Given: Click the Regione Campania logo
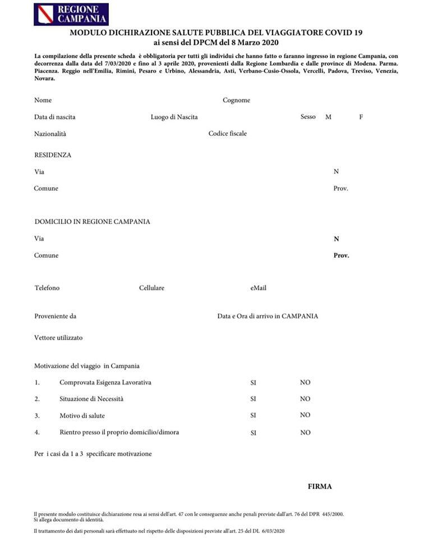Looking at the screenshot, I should pos(71,14).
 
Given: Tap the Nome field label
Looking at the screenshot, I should pos(43,100).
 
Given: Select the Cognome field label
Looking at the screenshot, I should pos(236,100).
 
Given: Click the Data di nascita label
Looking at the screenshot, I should pos(54,117).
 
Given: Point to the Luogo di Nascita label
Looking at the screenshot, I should pos(174,117).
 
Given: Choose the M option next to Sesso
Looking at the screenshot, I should pos(328,117).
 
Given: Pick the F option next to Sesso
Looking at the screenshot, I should pos(361,117).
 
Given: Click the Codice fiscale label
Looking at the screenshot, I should pos(227,133).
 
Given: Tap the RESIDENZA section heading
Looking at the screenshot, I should pos(53,155).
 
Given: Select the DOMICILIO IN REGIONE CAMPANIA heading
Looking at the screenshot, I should pos(92,221).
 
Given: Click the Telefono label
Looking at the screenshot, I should pos(47,288).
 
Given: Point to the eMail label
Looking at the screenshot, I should pos(258,288).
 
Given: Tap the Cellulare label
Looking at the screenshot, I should pos(151,288).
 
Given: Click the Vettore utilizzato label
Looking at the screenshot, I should pos(58,338).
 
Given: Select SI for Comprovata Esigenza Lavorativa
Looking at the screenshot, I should pos(254,383).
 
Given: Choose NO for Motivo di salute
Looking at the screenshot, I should pos(305,415).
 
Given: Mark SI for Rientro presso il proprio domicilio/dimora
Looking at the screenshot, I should pos(254,433).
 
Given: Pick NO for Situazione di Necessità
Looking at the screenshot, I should pos(305,399).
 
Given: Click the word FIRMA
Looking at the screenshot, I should pos(320,486).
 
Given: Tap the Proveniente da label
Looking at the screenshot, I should pos(55,316).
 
